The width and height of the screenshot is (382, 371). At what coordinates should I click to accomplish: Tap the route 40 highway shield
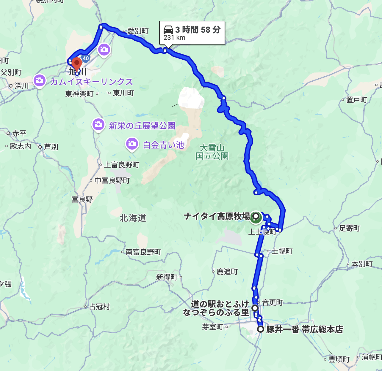[x=86, y=58]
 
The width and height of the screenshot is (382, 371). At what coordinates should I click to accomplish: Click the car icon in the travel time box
[x=168, y=30]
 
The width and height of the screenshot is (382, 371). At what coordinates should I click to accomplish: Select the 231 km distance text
[x=174, y=38]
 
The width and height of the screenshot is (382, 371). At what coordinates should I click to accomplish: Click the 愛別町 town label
[x=138, y=31]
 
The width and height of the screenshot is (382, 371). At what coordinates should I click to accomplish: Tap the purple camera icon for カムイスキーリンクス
[x=39, y=80]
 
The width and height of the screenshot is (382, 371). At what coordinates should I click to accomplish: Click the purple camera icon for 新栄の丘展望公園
[x=98, y=124]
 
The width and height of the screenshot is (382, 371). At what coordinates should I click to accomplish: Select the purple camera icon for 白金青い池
[x=132, y=144]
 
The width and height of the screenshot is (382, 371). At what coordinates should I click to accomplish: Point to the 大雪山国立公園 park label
[x=212, y=152]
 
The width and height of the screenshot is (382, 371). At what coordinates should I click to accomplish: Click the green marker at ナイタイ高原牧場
[x=256, y=217]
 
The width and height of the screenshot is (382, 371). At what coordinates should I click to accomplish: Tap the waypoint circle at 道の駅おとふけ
[x=255, y=308]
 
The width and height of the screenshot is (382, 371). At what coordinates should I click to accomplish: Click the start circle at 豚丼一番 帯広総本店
[x=261, y=329]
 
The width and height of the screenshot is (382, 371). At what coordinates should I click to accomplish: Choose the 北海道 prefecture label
[x=133, y=218]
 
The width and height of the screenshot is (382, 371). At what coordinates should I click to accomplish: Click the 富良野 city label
[x=82, y=199]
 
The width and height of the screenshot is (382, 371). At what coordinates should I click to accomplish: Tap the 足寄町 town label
[x=350, y=228]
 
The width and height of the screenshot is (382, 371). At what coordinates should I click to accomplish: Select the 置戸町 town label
[x=357, y=100]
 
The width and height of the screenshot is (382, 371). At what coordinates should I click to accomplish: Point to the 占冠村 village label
[x=100, y=307]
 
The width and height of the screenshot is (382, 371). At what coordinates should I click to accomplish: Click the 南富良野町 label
[x=143, y=252]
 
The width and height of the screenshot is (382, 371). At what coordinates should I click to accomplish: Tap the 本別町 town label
[x=362, y=264]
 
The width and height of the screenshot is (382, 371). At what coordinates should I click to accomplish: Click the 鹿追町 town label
[x=227, y=272]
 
